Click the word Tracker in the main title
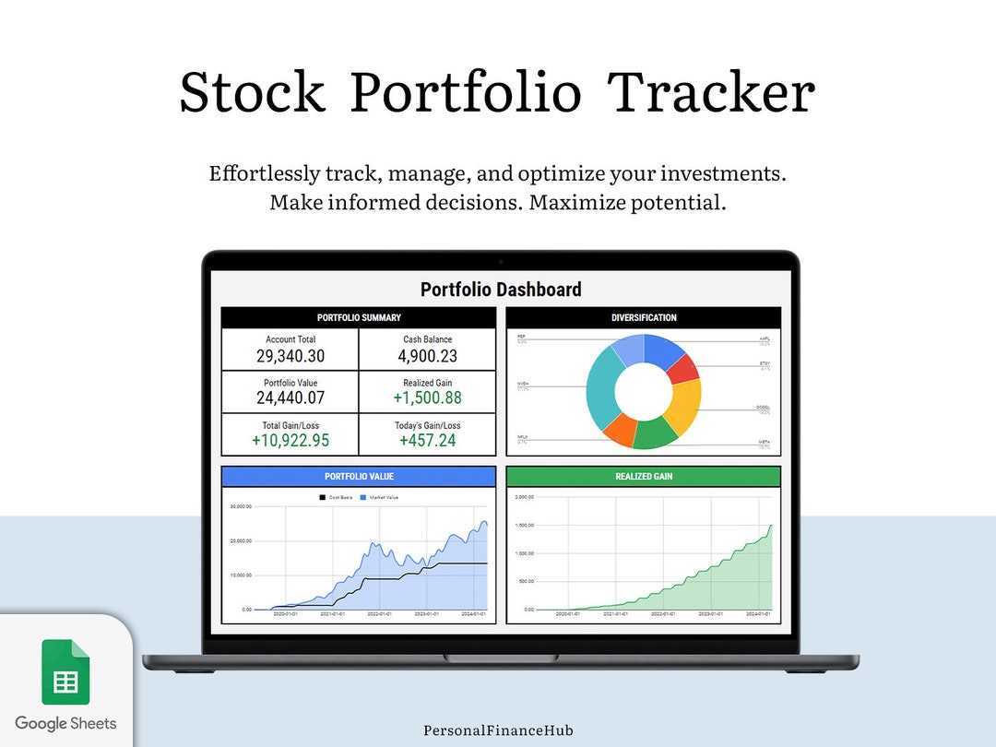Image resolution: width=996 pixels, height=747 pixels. coord(712,92)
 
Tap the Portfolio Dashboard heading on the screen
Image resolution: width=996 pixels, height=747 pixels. coord(501,290)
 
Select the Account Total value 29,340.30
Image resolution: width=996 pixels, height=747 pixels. coord(290,356)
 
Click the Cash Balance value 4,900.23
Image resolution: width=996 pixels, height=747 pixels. coord(428,356)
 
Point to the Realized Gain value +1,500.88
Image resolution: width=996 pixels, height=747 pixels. coord(428,398)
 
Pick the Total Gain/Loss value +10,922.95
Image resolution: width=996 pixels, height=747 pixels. coord(290,441)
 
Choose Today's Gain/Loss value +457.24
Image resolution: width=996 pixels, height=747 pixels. coord(428,441)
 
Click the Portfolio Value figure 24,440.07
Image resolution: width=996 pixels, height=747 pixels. coord(290,398)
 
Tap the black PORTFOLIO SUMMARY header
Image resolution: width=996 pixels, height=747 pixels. coord(359,318)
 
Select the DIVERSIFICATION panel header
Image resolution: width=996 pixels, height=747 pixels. coord(644,318)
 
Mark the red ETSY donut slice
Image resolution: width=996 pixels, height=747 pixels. coord(682,368)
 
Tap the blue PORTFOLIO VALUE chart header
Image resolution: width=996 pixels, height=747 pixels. coord(359,477)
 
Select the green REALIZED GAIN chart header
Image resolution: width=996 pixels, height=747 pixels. coord(644,477)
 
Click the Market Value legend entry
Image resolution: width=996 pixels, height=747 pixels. coord(383,497)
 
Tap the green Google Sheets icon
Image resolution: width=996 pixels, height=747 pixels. coord(65,672)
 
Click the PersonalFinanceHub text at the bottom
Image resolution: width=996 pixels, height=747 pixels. coord(498,730)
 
